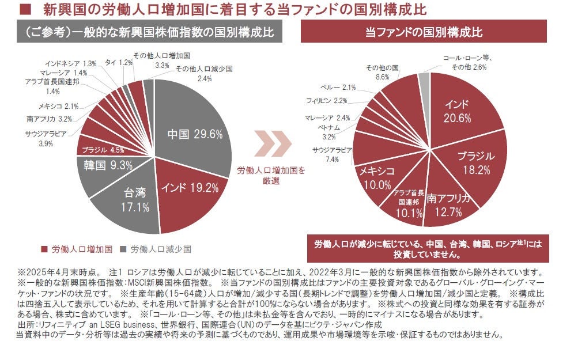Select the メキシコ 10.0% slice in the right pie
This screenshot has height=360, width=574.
point(377,179)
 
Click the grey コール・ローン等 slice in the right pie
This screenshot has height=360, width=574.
point(425,80)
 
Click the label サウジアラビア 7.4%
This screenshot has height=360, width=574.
point(325,154)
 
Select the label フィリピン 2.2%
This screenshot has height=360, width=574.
point(326,101)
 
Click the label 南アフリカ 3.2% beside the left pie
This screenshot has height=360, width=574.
point(49,119)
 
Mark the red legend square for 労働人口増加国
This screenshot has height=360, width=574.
point(44,249)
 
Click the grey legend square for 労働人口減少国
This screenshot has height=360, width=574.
point(123,249)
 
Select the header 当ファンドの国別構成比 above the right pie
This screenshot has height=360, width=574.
point(424,32)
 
